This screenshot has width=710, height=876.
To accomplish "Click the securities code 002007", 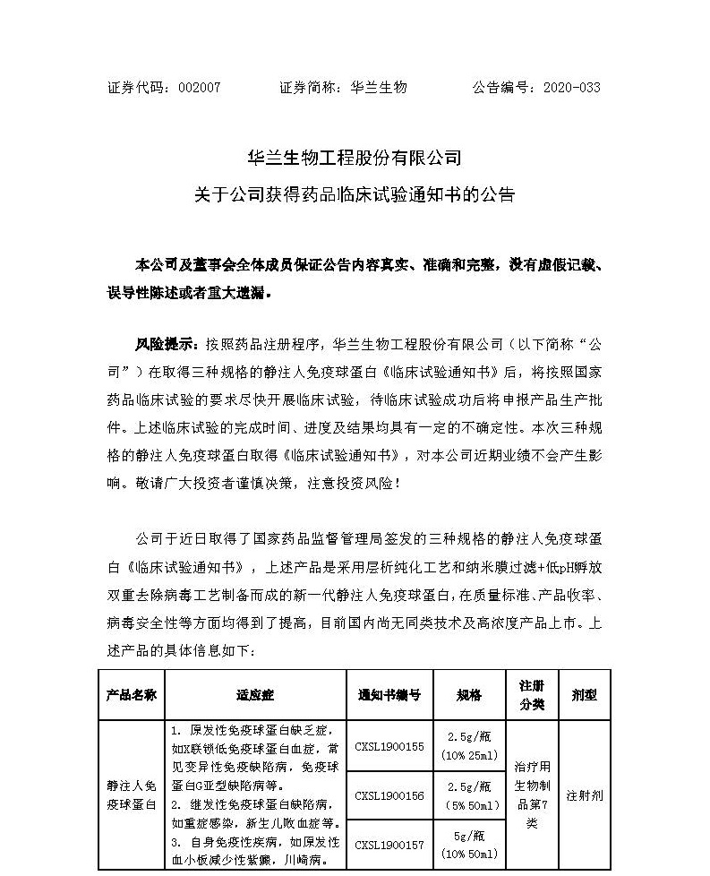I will point(200,88).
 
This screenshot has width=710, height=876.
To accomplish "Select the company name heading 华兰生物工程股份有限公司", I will point(355,159).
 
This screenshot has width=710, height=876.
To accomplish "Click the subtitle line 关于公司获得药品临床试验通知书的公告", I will point(355,193).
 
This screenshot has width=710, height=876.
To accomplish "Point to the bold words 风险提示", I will point(158,344).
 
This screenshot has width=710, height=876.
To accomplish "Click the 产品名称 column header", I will point(132,694).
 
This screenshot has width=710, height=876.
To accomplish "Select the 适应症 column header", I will point(255,694).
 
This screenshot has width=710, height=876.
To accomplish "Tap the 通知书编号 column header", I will point(389,694).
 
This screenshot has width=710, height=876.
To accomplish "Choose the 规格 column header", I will point(469,694).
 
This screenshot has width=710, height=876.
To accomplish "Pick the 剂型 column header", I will point(584,694).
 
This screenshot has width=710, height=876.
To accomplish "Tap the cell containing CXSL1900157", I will point(389,845).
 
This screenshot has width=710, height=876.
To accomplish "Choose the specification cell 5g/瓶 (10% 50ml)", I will point(469,845).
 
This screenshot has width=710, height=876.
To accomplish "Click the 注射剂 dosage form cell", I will point(584,794).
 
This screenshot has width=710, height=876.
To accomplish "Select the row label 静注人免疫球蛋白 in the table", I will point(132,794).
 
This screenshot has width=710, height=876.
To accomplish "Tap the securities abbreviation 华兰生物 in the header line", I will point(380,88).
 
